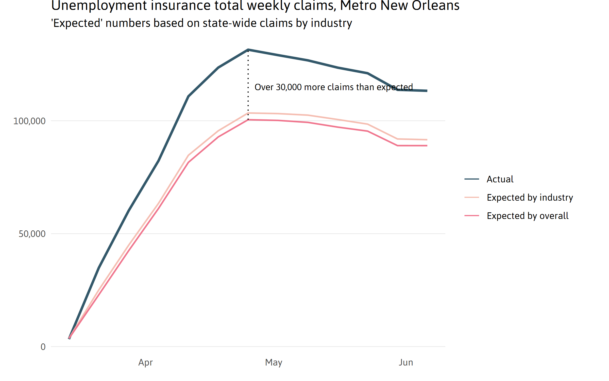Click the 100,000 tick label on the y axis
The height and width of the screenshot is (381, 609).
point(29,121)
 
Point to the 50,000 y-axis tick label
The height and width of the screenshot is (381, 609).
point(32,234)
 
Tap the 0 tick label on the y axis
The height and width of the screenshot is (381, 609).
point(43,347)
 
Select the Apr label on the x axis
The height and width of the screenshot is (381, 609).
point(145,362)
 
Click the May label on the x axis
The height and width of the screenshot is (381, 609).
point(274,362)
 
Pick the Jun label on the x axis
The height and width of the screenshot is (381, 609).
point(406,362)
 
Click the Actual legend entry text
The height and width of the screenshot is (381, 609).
point(500,179)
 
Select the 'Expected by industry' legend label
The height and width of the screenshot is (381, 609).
point(530,198)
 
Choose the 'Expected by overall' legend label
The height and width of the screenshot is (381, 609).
point(528,216)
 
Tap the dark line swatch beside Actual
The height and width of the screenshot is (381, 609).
point(472,179)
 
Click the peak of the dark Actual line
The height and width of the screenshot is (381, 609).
point(248,50)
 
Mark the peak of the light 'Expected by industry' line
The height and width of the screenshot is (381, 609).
point(248,113)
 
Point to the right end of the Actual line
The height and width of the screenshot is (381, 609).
point(427,91)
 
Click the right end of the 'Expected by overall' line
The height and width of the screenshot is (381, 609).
point(427,146)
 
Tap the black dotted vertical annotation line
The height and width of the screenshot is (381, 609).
point(248,84)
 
